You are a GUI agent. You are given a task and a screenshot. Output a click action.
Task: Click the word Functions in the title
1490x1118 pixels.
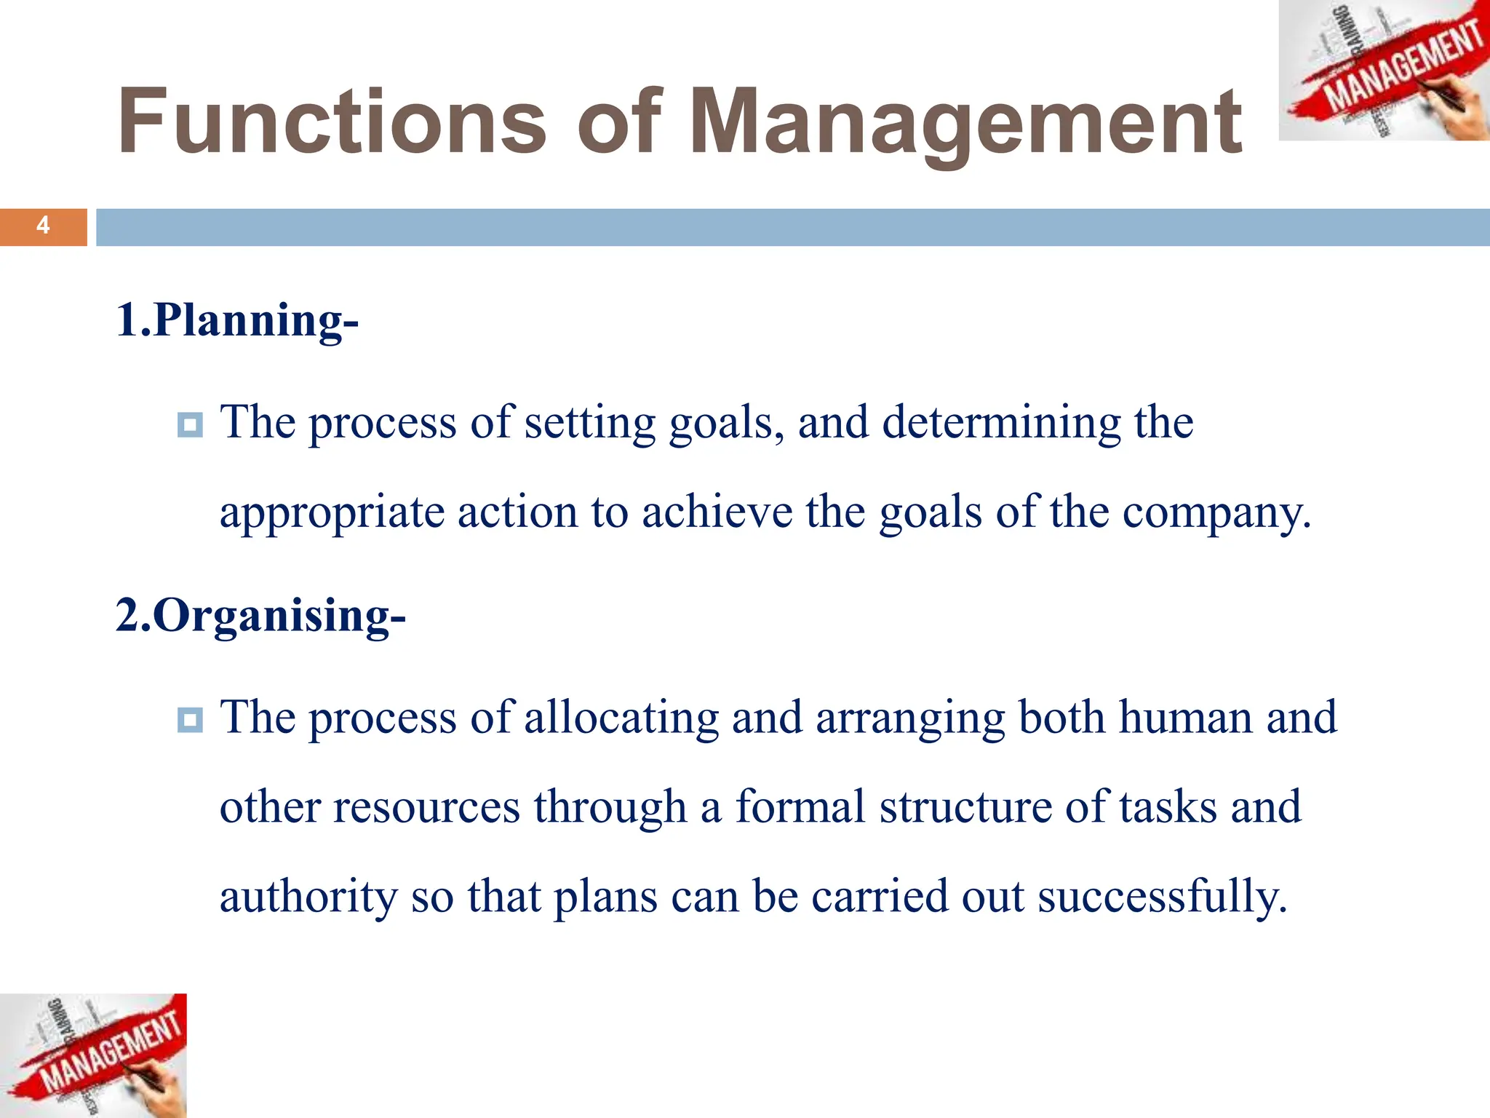[x=331, y=122]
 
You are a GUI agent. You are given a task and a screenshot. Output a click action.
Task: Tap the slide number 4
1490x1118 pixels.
[x=43, y=226]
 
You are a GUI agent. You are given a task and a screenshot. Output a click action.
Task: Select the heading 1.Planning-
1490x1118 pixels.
[x=237, y=320]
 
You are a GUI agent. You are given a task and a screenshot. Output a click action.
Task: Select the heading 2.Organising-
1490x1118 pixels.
[x=260, y=616]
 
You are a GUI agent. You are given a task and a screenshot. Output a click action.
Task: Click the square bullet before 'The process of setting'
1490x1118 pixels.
[x=190, y=424]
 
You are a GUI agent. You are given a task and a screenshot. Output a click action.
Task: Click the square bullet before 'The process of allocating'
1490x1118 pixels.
[x=190, y=720]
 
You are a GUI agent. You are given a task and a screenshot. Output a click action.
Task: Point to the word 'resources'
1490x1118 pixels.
[x=426, y=807]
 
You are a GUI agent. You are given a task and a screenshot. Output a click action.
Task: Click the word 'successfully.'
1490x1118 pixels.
[x=1162, y=896]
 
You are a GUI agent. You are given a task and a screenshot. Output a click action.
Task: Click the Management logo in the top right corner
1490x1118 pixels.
[x=1384, y=71]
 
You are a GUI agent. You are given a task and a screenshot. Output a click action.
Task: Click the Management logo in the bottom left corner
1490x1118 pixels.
[x=93, y=1055]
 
